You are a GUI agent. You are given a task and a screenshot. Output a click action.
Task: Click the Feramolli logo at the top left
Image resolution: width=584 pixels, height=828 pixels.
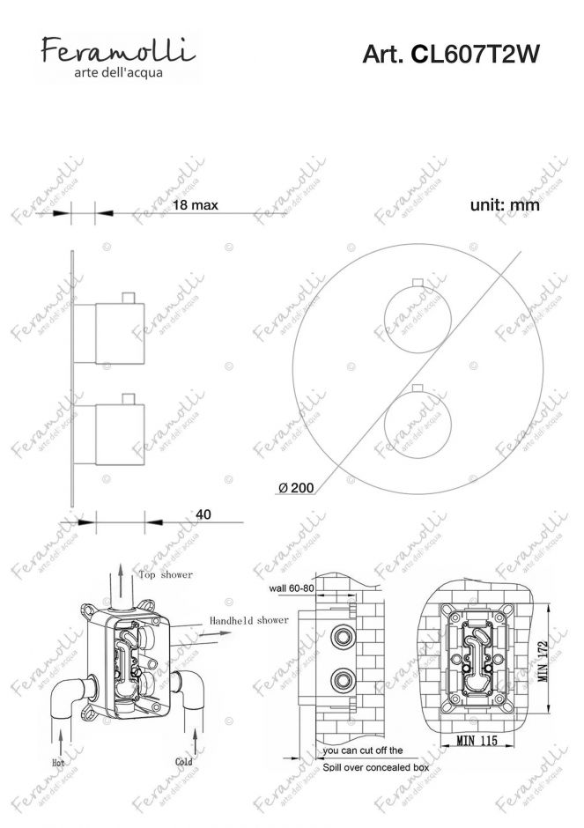[x=118, y=57]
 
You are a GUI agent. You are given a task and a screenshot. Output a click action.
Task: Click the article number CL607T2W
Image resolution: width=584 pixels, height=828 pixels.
[x=450, y=54]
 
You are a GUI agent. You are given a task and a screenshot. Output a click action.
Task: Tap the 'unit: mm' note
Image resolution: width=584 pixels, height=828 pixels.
[x=505, y=205]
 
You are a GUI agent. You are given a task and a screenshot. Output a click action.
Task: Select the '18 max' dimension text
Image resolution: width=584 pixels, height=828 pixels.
[x=196, y=205]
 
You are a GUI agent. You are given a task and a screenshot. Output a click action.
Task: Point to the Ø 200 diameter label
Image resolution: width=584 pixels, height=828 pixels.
[x=296, y=488]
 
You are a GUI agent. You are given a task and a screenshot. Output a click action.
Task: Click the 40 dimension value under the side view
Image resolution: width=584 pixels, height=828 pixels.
[x=203, y=514]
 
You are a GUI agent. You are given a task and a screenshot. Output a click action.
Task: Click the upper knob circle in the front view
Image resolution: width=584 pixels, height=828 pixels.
[x=418, y=320]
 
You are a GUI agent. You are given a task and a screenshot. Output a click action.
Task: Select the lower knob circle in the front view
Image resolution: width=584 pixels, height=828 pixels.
[x=418, y=425]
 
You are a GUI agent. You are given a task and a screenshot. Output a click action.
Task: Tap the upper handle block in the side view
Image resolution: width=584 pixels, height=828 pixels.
[x=120, y=334]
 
